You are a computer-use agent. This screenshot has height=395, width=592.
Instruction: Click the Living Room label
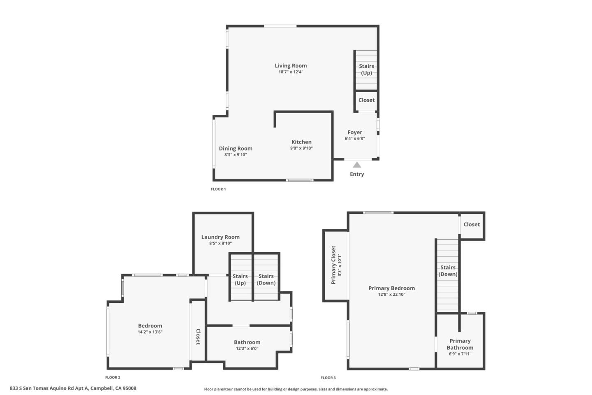[x=291, y=66]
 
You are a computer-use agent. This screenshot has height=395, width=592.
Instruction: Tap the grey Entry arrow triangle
[x=357, y=165]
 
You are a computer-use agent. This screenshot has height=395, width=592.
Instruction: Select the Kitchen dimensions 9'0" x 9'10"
[x=301, y=148]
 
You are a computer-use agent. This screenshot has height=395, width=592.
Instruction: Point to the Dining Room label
[x=236, y=149]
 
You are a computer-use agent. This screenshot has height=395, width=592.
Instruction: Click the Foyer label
[x=355, y=132]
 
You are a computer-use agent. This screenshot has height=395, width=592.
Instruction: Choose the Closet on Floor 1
[x=366, y=100]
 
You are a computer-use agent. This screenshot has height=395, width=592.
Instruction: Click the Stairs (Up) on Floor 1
[x=366, y=70]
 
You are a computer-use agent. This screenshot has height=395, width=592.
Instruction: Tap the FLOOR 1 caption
[x=218, y=189]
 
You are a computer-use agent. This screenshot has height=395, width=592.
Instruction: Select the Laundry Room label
[x=220, y=237]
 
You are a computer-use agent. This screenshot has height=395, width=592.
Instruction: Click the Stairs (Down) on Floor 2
[x=266, y=279]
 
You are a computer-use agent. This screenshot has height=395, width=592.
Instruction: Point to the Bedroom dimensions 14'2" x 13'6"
[x=150, y=332]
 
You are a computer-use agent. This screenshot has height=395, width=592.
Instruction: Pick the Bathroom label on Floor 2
[x=247, y=342]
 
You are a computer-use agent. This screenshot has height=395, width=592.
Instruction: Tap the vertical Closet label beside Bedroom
[x=198, y=337]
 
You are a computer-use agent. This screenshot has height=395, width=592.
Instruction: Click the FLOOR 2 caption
[x=113, y=377]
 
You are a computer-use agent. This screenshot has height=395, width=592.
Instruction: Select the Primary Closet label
[x=333, y=265]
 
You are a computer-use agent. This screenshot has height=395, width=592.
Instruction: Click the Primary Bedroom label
[x=391, y=288]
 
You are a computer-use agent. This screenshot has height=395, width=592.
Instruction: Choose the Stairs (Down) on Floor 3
[x=448, y=271]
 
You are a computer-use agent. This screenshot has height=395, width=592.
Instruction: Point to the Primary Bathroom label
[x=460, y=344]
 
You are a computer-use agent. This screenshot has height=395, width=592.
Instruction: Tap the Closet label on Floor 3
[x=472, y=225]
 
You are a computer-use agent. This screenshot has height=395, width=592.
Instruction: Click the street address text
[x=73, y=388]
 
